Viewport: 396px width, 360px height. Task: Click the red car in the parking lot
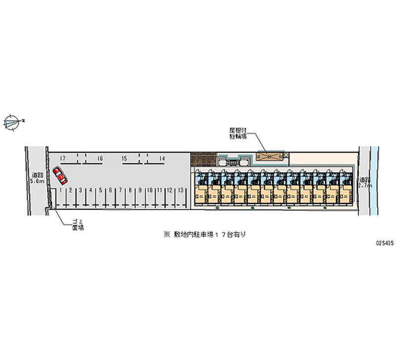[59, 175]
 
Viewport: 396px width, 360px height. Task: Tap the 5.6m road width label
[37, 179]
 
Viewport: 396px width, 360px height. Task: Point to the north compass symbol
[12, 121]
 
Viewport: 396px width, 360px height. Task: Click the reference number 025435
[384, 244]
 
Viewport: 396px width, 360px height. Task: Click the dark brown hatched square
[203, 159]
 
